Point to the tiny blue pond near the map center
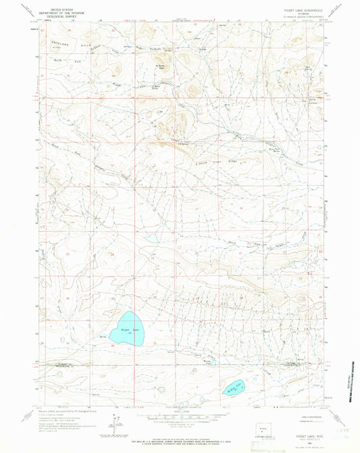point(151,238)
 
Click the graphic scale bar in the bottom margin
point(179,414)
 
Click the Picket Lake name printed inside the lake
point(124,330)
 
